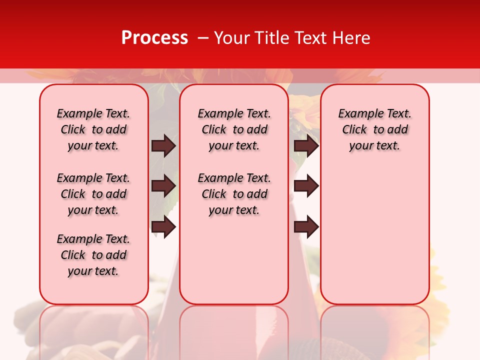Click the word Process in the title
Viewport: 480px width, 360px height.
pyautogui.click(x=154, y=38)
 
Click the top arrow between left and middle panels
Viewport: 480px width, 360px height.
pyautogui.click(x=163, y=145)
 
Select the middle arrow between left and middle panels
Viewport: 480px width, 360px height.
pyautogui.click(x=163, y=186)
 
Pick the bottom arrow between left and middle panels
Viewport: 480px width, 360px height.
pyautogui.click(x=163, y=227)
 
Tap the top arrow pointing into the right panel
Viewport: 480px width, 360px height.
pyautogui.click(x=306, y=145)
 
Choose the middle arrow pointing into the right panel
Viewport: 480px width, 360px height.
pyautogui.click(x=306, y=186)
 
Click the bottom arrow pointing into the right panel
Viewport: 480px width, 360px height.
pyautogui.click(x=306, y=227)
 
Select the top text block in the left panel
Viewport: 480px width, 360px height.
pyautogui.click(x=93, y=129)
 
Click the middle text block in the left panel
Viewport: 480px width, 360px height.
pyautogui.click(x=93, y=194)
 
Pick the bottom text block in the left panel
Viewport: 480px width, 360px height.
pyautogui.click(x=93, y=255)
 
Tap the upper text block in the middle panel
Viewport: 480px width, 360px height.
pyautogui.click(x=234, y=129)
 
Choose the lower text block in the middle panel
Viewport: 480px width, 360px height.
pyautogui.click(x=234, y=194)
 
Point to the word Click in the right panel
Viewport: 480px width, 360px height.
pyautogui.click(x=354, y=130)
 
